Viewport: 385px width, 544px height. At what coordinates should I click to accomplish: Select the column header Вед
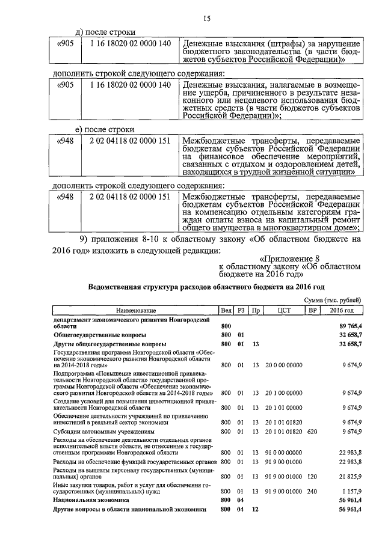(x=226, y=310)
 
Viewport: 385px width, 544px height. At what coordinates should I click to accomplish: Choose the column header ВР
(x=312, y=310)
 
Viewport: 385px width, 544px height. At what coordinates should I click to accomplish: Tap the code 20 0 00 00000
(x=285, y=365)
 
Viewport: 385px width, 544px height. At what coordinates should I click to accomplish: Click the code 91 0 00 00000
(x=285, y=452)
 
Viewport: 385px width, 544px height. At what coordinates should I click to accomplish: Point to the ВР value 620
(x=312, y=432)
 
